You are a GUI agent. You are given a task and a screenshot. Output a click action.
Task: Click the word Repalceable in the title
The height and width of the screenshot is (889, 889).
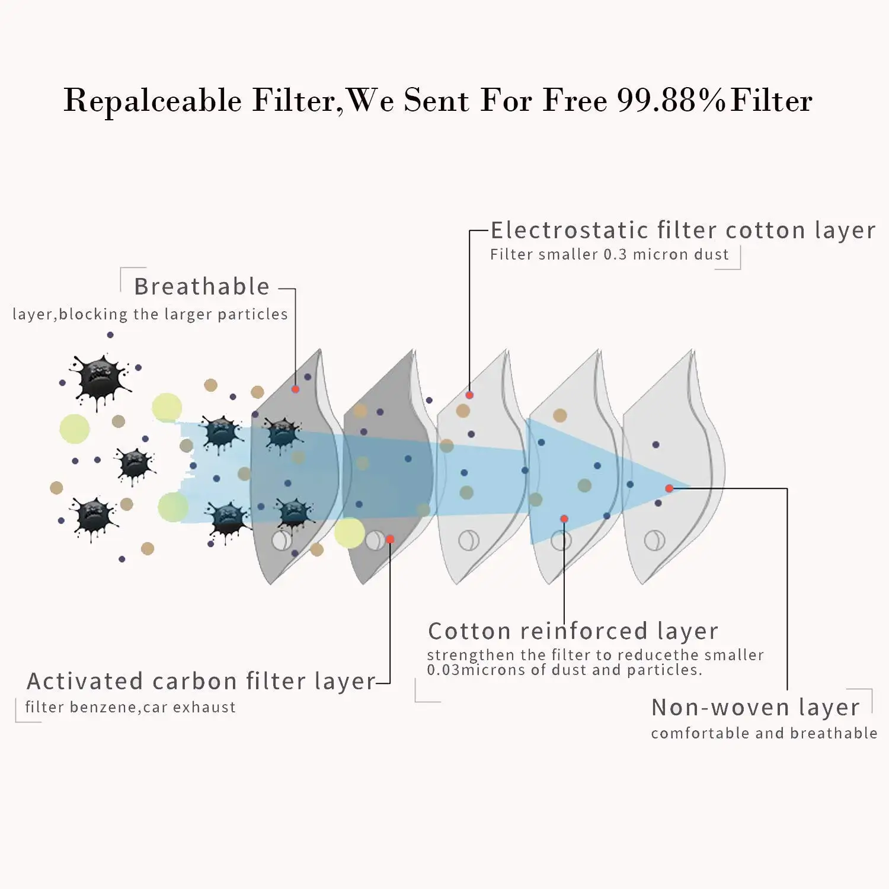click(152, 101)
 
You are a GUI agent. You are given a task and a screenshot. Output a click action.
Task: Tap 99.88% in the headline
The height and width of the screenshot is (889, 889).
click(671, 101)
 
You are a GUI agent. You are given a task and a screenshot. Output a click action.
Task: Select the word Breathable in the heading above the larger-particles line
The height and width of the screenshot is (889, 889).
click(202, 287)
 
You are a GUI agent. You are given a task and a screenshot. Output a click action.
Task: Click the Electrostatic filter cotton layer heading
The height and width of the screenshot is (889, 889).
click(683, 231)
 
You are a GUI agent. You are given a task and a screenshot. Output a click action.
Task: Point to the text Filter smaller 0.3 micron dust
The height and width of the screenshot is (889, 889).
click(609, 255)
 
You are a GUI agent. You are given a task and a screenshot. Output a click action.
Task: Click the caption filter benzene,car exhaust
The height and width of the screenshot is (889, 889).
click(130, 707)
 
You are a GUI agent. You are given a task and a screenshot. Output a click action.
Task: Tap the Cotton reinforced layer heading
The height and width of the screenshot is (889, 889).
click(573, 632)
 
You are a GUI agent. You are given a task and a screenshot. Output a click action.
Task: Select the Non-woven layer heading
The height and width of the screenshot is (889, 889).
click(755, 708)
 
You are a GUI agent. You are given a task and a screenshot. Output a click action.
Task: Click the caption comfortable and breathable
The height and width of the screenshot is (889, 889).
click(764, 734)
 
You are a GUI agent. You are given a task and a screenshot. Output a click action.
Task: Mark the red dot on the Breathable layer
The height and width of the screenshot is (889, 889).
click(295, 389)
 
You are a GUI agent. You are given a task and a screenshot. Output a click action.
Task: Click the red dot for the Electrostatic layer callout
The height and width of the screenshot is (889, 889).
click(469, 395)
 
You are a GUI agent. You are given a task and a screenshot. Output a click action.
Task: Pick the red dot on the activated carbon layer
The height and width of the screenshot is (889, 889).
click(390, 539)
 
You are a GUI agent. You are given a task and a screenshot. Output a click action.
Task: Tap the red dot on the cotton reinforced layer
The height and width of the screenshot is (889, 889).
click(564, 519)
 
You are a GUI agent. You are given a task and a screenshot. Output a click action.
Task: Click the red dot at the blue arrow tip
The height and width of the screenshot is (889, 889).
click(669, 488)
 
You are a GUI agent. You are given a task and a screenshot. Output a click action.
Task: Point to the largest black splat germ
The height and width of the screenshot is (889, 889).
click(100, 380)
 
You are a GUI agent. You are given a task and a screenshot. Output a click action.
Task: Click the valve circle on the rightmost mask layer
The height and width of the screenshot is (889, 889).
click(655, 541)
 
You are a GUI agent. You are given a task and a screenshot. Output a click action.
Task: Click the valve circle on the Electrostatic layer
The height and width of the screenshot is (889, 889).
click(469, 541)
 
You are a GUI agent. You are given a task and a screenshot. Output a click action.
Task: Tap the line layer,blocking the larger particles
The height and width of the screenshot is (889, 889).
click(150, 314)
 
